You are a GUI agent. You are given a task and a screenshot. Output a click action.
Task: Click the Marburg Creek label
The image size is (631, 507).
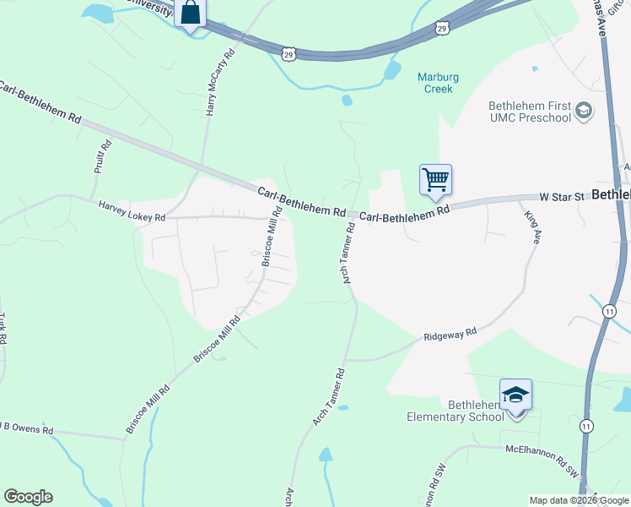tap(439, 82)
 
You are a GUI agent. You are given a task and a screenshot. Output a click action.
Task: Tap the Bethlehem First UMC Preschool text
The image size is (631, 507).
tap(530, 112)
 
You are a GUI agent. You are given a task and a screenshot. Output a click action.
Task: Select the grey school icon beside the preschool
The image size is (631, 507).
tap(583, 111)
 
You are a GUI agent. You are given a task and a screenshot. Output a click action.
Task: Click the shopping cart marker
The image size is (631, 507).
tap(435, 179)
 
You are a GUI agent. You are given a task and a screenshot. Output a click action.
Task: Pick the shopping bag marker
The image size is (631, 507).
tap(190, 13)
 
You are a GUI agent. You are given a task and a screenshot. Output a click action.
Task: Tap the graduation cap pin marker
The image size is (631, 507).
tap(515, 395)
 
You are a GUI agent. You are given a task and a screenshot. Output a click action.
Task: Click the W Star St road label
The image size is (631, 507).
tap(562, 197)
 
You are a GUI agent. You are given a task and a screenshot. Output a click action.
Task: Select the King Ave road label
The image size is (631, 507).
tap(531, 227)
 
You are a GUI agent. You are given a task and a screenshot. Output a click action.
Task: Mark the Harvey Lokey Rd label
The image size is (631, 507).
tap(132, 211)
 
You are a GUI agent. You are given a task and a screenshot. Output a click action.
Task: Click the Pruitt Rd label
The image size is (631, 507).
tap(101, 157)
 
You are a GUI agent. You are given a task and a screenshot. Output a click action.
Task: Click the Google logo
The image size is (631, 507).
tap(28, 497)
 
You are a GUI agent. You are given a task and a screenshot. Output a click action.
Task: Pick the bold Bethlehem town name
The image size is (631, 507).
tap(611, 194)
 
